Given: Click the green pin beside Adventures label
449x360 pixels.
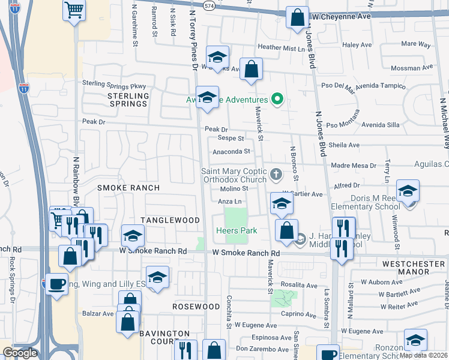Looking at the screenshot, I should point(277,99).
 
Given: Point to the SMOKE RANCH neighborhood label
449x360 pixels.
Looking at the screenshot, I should point(128,188).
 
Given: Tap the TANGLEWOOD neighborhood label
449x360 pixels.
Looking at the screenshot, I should point(170,220).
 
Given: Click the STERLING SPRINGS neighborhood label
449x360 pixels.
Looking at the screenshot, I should point(128,100).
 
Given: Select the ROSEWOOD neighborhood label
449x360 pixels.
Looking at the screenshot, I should point(196,307).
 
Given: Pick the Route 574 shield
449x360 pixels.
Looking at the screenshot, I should point(208,5).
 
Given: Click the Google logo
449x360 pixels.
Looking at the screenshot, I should point(20,353).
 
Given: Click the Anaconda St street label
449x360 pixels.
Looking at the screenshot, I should point(231,152).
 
